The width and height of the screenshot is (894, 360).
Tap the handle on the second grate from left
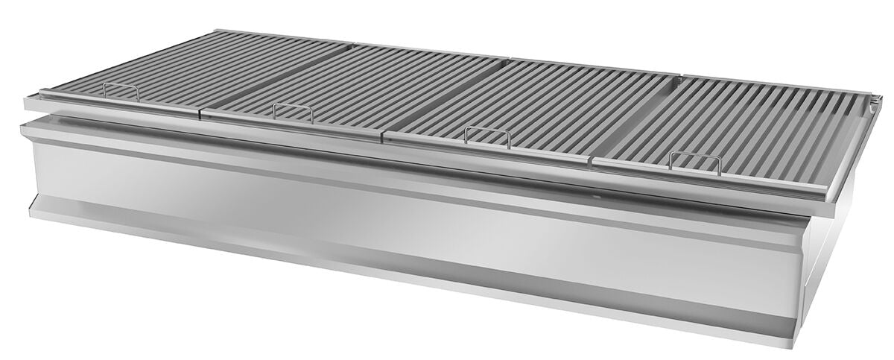tap(292, 111)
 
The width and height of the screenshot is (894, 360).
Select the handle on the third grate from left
tap(487, 135)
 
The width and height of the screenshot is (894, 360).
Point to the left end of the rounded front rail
tap(30, 101)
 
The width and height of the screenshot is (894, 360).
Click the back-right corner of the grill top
tap(879, 95)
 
